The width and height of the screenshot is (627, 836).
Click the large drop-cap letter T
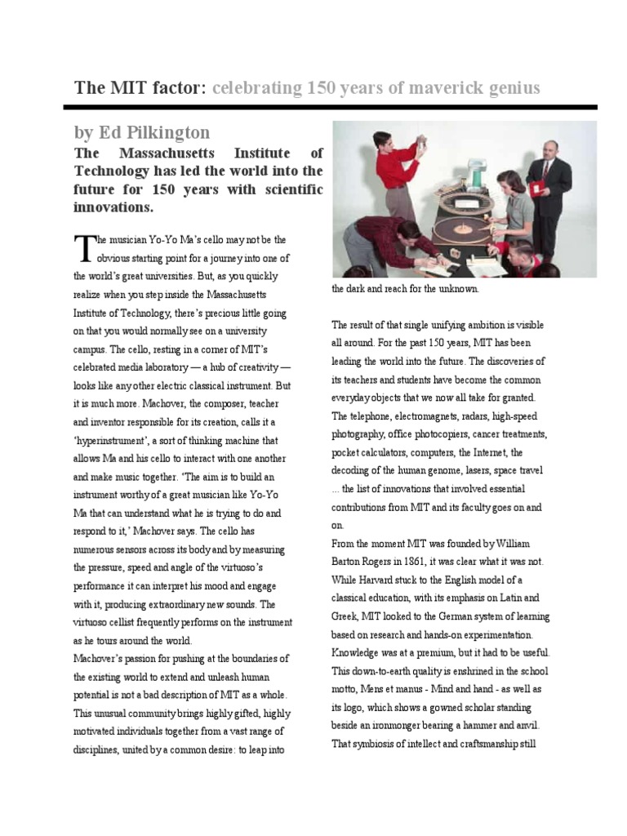click(x=82, y=247)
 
